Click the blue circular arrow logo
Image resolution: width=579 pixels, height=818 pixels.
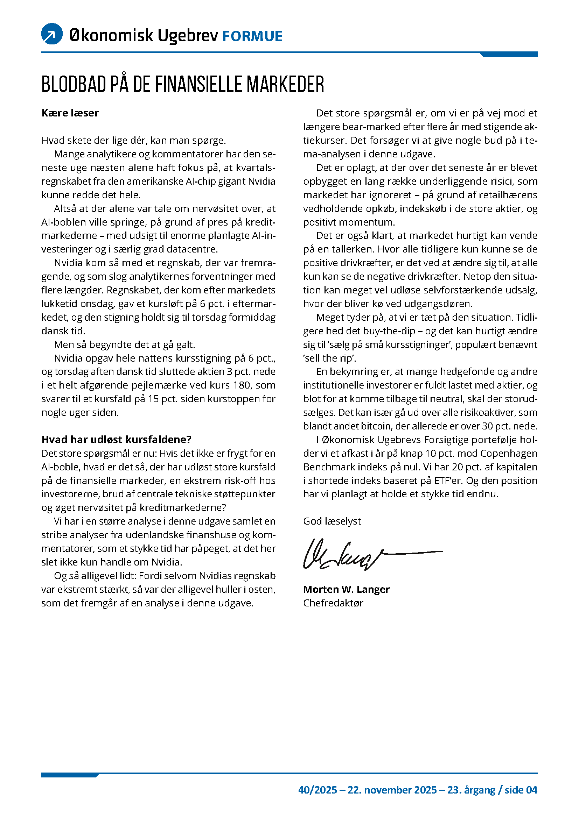pyautogui.click(x=52, y=34)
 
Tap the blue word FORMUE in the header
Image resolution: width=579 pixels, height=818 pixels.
pyautogui.click(x=252, y=36)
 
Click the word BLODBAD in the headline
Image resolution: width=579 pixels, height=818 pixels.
pyautogui.click(x=74, y=84)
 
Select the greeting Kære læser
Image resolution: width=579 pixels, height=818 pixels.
pyautogui.click(x=70, y=113)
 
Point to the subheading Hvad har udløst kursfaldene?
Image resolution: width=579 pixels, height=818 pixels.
pyautogui.click(x=117, y=439)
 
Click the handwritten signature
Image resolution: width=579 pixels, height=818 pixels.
pyautogui.click(x=356, y=554)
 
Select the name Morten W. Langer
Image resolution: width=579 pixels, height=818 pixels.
pyautogui.click(x=346, y=589)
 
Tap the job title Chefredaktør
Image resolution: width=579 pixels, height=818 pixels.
pyautogui.click(x=333, y=603)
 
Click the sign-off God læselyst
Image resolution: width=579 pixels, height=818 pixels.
pyautogui.click(x=332, y=521)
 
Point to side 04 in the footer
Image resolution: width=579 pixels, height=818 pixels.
pyautogui.click(x=521, y=790)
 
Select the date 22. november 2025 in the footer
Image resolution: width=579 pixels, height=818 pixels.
pyautogui.click(x=392, y=790)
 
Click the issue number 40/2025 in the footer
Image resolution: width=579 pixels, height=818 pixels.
pyautogui.click(x=318, y=790)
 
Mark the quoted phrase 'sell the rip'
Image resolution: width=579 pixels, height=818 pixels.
pyautogui.click(x=329, y=358)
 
